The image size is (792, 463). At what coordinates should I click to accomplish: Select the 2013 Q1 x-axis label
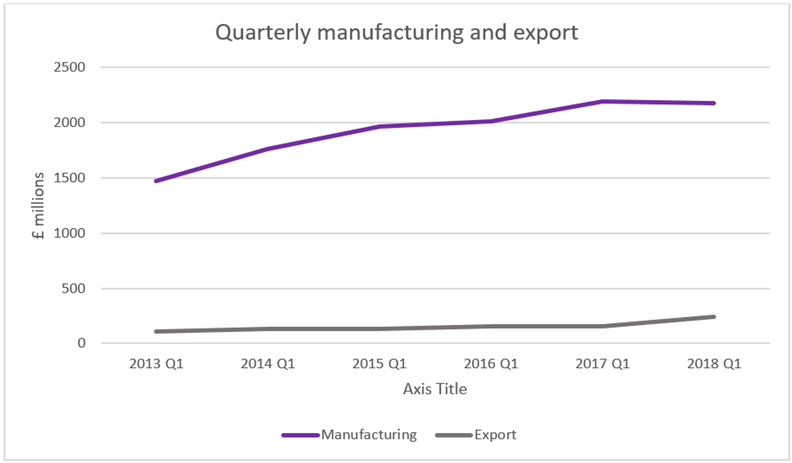tap(156, 365)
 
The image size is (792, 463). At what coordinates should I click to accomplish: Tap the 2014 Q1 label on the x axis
tap(268, 365)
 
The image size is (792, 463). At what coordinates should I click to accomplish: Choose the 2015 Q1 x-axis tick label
tap(380, 365)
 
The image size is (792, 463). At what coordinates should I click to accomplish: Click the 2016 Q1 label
tap(491, 365)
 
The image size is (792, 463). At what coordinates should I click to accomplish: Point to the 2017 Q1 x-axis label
tap(602, 365)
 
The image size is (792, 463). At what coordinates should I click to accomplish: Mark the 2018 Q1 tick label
tap(714, 365)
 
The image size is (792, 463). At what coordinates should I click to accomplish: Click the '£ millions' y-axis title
tap(39, 205)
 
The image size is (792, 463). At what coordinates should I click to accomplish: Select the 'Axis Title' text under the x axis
tap(435, 389)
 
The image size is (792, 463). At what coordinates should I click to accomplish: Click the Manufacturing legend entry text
tap(369, 435)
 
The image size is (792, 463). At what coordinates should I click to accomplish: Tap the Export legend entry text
tap(495, 435)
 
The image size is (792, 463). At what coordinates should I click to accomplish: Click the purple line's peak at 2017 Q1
tap(602, 101)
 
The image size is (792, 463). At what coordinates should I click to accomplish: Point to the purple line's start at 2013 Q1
tap(156, 180)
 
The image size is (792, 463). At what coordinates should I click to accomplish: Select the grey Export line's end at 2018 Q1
tap(714, 317)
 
